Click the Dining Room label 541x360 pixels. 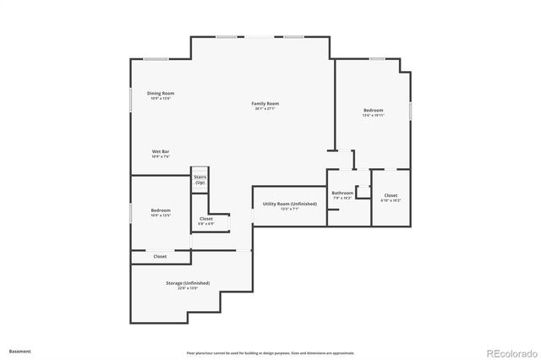(161, 93)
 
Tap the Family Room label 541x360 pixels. (265, 103)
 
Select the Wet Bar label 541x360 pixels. (161, 151)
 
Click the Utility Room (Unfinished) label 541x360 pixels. (290, 204)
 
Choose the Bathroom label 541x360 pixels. (342, 193)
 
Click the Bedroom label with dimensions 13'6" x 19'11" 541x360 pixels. (374, 110)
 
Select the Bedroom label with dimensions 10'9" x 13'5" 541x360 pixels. (161, 210)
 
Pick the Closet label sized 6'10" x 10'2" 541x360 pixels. (391, 195)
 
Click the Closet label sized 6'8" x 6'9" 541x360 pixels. (206, 219)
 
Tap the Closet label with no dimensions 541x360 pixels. (160, 256)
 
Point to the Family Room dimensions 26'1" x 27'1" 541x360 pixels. (265, 109)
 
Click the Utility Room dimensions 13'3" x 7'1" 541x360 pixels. (290, 209)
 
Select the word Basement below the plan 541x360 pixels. (20, 350)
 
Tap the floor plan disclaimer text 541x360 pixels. (270, 353)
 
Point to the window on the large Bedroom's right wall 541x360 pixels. (410, 110)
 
